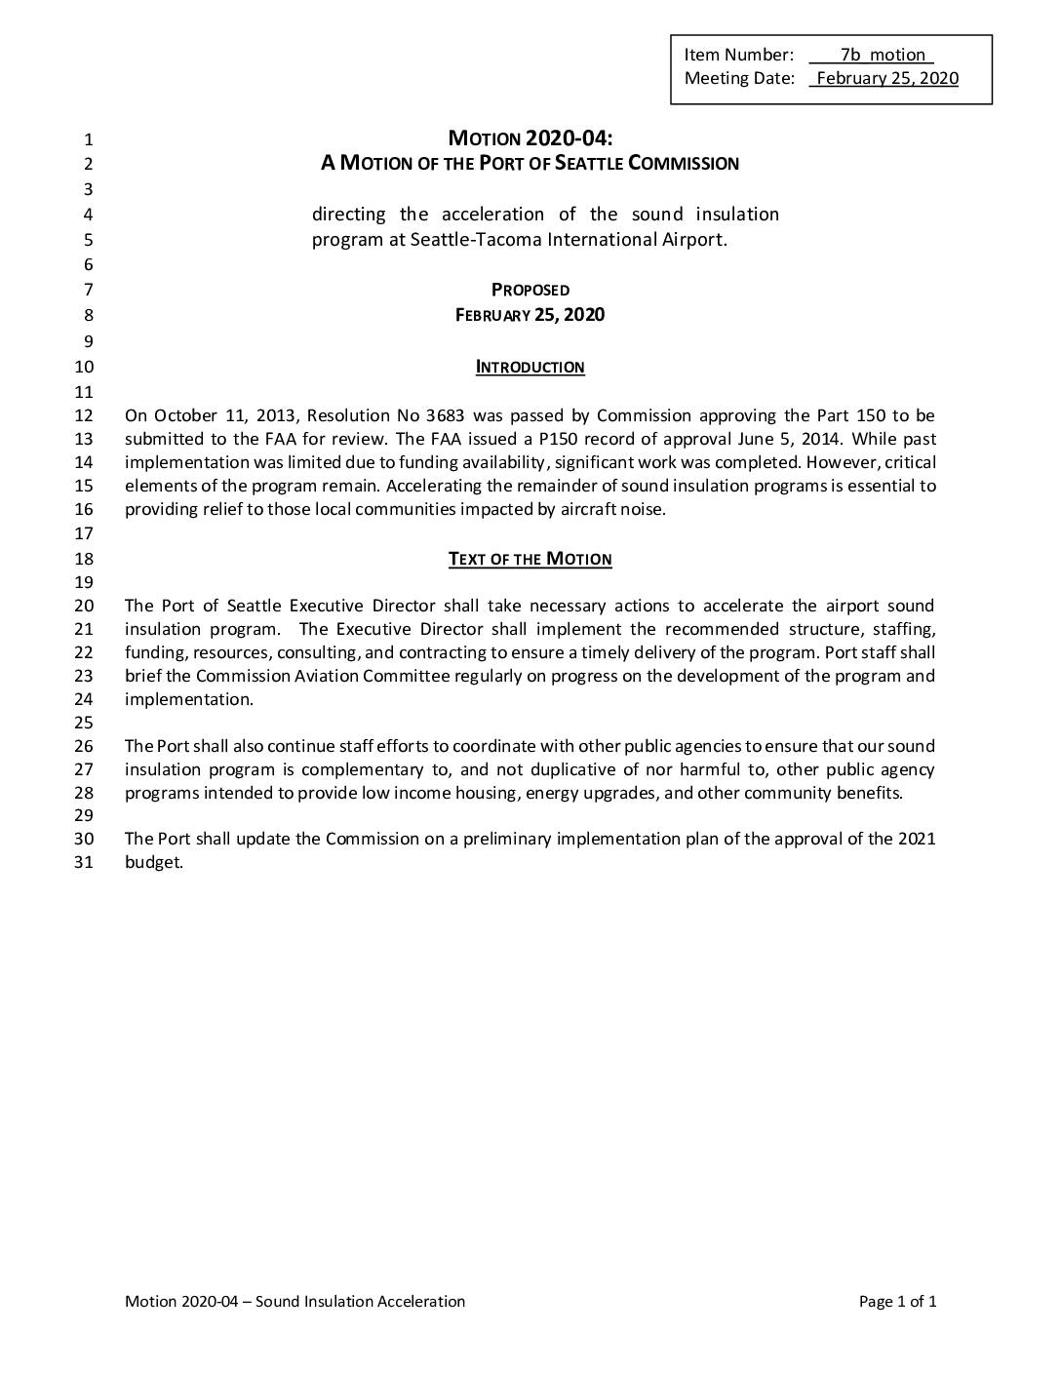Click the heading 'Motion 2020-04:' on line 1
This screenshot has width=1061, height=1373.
coord(530,138)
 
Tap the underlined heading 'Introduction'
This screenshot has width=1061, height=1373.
coord(530,367)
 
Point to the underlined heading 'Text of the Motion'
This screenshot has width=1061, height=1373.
coord(530,559)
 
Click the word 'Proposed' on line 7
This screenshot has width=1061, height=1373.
coord(530,290)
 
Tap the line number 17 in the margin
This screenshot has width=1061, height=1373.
coord(84,533)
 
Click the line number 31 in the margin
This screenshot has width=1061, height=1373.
coord(84,862)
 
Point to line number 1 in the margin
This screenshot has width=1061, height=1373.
coord(88,139)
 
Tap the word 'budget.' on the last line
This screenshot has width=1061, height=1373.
coord(154,862)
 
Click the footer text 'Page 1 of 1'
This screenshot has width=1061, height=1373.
coord(897,1301)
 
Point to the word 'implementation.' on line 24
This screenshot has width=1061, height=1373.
coord(188,699)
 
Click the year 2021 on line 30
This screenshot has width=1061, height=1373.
coord(916,839)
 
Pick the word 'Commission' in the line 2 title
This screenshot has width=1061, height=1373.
coord(684,164)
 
